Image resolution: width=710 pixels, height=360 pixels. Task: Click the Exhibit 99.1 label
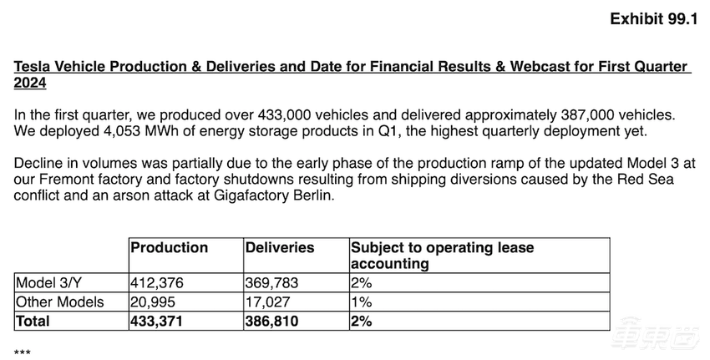coord(653,19)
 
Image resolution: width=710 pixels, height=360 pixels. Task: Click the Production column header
coord(170,247)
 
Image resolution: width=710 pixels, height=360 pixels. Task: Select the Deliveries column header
coord(279,247)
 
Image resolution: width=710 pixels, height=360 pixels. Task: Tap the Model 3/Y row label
coord(51,283)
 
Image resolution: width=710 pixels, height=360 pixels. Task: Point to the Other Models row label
coord(59,302)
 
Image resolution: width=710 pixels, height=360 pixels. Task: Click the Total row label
coord(33,320)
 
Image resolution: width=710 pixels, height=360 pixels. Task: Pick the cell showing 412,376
coord(157,283)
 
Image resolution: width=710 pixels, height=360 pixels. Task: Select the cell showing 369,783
coord(271,283)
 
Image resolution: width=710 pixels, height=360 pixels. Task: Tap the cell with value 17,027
coord(266,302)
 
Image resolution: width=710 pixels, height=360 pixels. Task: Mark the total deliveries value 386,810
coord(272,320)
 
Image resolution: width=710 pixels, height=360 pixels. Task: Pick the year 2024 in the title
coord(30,83)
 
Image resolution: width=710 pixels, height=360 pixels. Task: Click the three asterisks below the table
coord(23,352)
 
